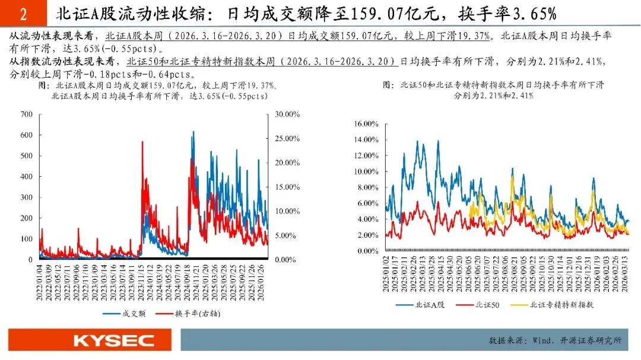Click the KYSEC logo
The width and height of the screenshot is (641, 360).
pos(113,340)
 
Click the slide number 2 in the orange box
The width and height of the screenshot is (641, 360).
pos(23,14)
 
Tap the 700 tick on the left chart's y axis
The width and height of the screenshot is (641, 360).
pos(27,114)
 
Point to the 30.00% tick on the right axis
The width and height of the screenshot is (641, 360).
pos(287,114)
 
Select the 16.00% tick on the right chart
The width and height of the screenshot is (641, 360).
pos(366,124)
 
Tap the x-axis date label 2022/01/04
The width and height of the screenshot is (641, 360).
pos(40,282)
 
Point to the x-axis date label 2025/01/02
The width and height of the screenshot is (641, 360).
pos(386,273)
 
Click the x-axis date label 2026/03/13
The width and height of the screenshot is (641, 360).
pos(624,273)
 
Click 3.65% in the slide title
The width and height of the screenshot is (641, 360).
pos(534,14)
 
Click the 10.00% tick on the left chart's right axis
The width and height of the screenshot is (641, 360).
pos(287,211)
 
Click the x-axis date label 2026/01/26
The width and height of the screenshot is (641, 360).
pos(261,282)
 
